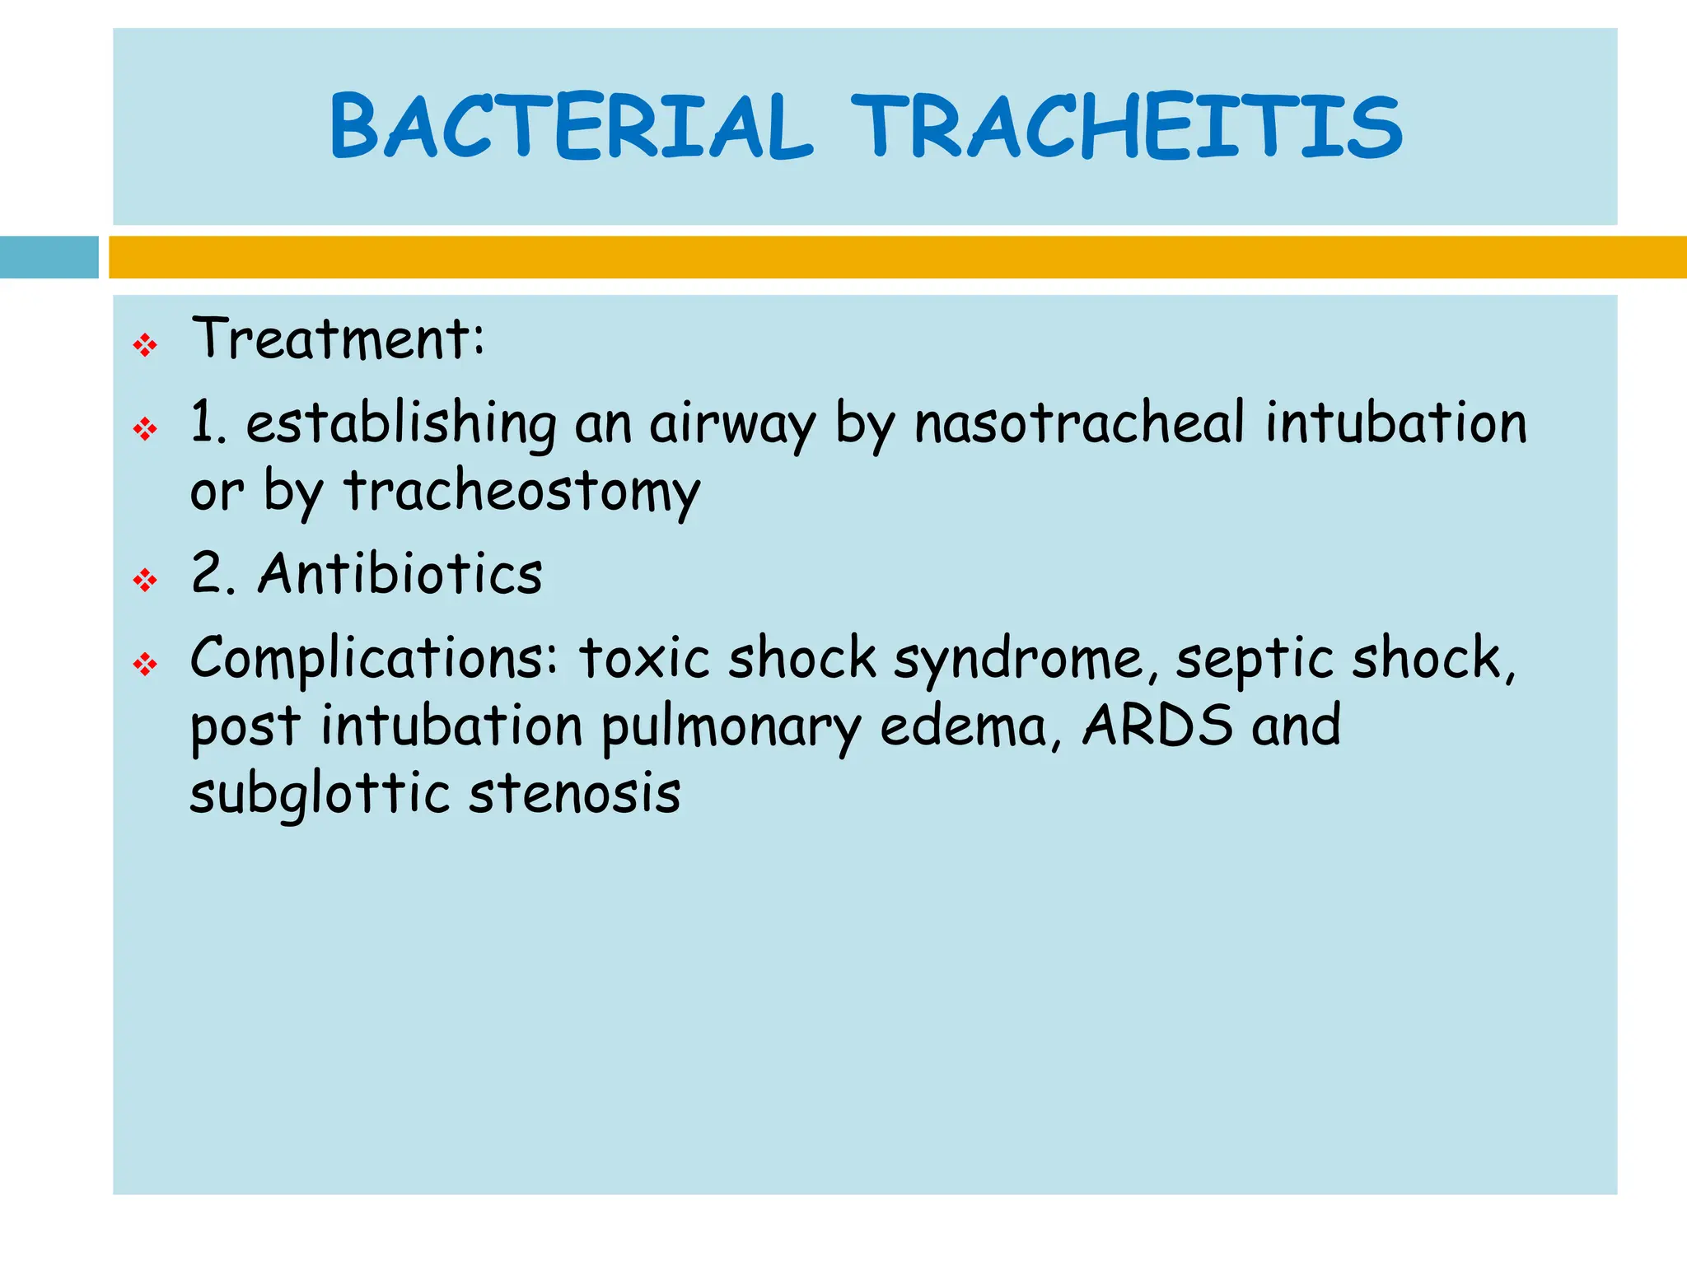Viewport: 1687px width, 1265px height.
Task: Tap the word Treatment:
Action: [x=339, y=338]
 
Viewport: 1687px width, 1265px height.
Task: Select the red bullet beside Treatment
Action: [x=145, y=345]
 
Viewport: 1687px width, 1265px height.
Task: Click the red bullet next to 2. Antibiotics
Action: [x=145, y=581]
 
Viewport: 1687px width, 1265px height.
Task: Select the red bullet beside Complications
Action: [x=145, y=664]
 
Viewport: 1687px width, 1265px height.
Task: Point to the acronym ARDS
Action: [x=1157, y=726]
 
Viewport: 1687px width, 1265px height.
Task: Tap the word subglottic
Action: [x=320, y=795]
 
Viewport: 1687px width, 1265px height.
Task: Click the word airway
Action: [x=732, y=425]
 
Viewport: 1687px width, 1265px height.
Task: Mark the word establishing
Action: [x=401, y=423]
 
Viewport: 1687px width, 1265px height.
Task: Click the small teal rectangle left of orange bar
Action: [x=49, y=257]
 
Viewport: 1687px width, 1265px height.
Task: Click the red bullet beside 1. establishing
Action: [x=145, y=428]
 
